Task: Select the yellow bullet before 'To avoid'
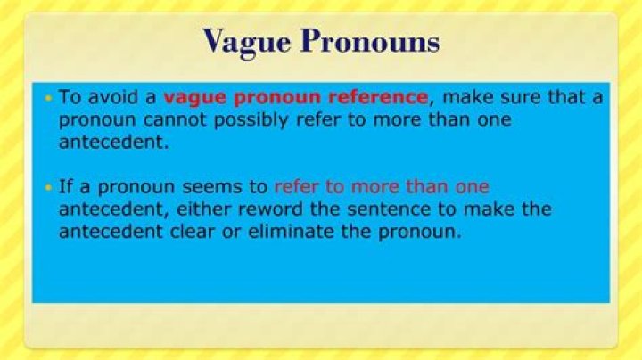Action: pyautogui.click(x=48, y=97)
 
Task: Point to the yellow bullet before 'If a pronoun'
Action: pyautogui.click(x=48, y=187)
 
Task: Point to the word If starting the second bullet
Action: pyautogui.click(x=66, y=187)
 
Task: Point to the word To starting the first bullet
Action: pyautogui.click(x=70, y=97)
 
